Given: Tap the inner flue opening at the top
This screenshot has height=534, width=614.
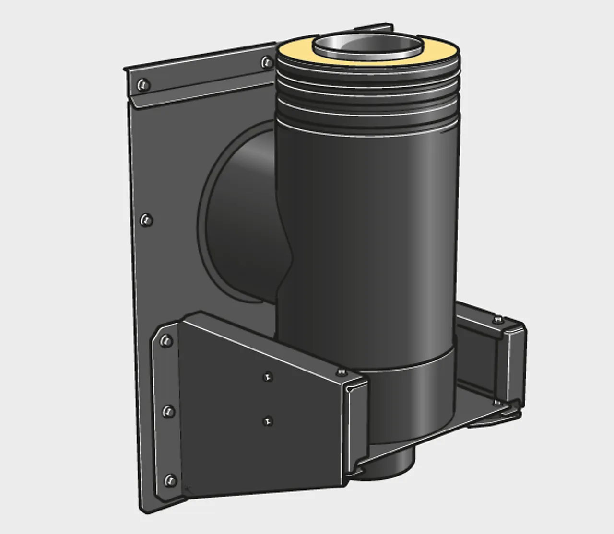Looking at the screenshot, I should [x=368, y=46].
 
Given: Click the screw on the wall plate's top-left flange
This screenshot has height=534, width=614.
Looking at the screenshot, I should [x=142, y=85].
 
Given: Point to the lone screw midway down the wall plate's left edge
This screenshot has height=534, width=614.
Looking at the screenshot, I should [x=146, y=220].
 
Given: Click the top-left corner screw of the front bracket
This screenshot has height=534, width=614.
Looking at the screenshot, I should [x=166, y=341].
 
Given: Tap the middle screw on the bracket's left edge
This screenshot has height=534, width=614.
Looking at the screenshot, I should [x=168, y=411].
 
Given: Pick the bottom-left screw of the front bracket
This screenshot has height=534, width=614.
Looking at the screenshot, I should [x=170, y=480].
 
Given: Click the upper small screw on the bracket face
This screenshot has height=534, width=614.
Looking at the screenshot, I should [x=268, y=377].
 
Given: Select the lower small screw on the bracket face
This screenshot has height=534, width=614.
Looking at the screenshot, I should [x=268, y=421].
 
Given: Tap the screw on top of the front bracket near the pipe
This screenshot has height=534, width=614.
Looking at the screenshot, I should [x=341, y=372].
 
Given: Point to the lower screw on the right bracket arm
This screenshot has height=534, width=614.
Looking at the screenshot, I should [x=499, y=402].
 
